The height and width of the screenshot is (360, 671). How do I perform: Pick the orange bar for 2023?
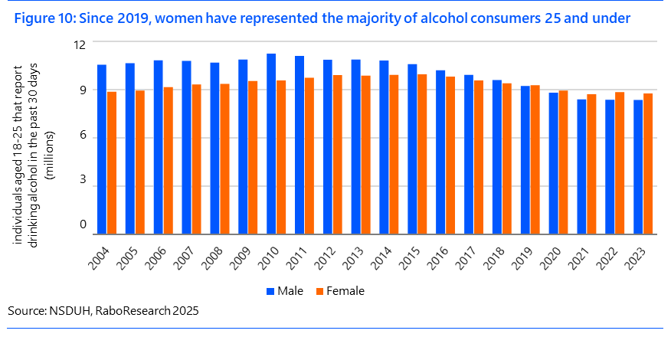[x=648, y=164]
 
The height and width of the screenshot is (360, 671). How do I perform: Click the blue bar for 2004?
[x=102, y=149]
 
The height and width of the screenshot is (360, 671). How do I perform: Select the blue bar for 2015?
[x=412, y=149]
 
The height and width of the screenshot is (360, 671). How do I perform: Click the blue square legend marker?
[x=270, y=291]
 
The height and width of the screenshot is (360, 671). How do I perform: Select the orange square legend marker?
[x=319, y=291]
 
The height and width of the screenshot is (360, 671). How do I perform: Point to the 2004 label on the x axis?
[x=100, y=255]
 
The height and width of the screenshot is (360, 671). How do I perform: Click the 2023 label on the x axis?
[x=636, y=255]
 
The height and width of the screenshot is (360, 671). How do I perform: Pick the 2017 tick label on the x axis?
[x=466, y=255]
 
